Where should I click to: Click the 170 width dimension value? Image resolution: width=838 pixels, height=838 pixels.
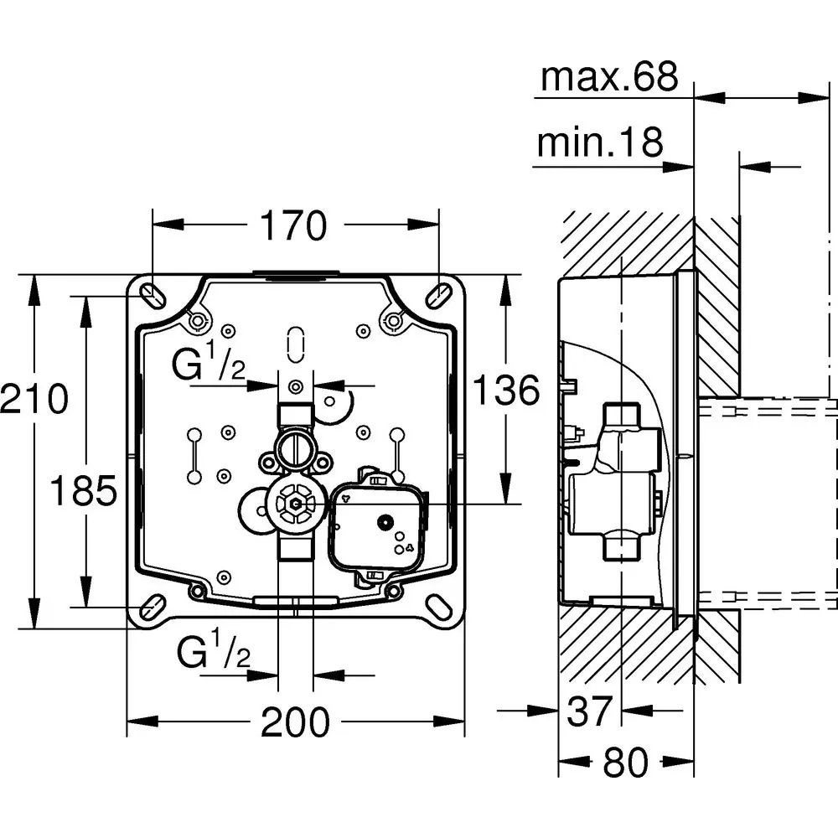[x=293, y=225]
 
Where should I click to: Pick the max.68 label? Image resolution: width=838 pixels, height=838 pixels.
[x=608, y=77]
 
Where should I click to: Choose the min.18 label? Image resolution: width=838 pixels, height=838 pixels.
[x=599, y=143]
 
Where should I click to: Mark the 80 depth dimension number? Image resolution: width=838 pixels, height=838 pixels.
[x=626, y=763]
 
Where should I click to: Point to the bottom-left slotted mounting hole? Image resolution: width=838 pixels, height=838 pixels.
[x=152, y=608]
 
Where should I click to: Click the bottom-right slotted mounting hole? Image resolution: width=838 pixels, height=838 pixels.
[x=439, y=608]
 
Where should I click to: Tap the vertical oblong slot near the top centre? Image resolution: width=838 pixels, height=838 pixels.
[x=295, y=343]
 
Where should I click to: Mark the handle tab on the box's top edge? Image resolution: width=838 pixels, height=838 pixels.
[x=295, y=272]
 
